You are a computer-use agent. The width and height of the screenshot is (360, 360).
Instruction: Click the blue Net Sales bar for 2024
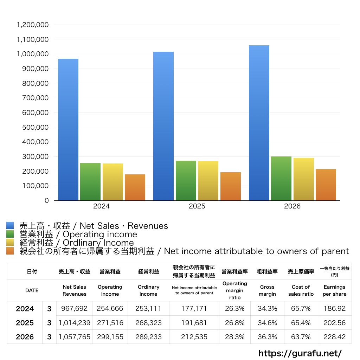coord(68,129)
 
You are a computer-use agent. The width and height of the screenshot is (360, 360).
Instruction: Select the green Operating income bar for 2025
coord(186,180)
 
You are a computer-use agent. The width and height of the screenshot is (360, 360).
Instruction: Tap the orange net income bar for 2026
coord(326,185)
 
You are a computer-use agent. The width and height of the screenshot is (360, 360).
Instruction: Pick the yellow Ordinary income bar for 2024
coord(113,182)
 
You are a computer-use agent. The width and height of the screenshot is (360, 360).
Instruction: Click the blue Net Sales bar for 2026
coord(259,123)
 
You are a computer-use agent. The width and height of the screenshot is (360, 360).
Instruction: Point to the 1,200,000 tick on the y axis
coord(33,25)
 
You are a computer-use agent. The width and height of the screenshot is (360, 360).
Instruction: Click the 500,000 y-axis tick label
coord(36,127)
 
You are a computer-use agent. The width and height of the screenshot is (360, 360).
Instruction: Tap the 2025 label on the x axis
coord(197,206)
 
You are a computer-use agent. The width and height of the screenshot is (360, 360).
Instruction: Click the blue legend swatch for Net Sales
coord(10,225)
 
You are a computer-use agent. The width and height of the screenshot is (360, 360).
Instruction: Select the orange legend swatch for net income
coord(10,251)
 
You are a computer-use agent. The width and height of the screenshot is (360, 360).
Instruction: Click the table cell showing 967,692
coord(75,308)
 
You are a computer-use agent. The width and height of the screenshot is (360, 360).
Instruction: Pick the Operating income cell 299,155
coord(110,337)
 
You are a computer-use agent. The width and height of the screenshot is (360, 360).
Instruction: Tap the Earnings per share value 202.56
coord(335,323)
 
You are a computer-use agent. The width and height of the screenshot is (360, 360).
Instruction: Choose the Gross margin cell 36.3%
coord(267,337)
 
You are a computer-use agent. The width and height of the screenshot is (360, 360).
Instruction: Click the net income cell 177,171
coord(194,308)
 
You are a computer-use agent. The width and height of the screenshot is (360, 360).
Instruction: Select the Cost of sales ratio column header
coord(301,290)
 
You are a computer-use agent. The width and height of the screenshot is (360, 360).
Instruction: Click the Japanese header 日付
coord(32,272)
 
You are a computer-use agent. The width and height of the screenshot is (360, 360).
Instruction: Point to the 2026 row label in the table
coord(25,337)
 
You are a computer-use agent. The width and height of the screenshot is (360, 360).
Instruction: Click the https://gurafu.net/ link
coord(300,353)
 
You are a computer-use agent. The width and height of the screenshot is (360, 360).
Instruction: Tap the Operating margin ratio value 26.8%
coord(234,323)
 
